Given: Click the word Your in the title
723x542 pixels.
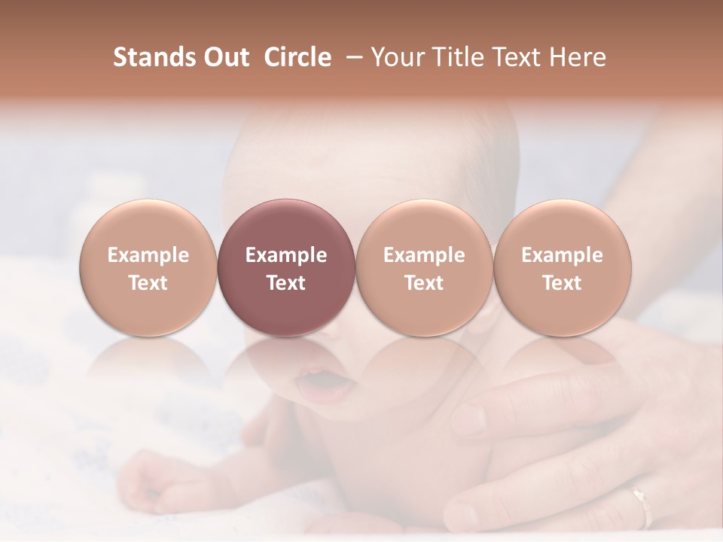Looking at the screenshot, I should (396, 57).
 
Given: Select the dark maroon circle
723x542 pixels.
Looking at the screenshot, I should (286, 267).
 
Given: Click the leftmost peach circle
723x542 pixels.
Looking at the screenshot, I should (148, 267).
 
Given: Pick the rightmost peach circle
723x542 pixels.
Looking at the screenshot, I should (563, 267).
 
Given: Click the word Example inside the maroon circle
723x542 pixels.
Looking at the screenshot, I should (286, 255).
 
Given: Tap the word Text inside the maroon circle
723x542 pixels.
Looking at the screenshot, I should (286, 283).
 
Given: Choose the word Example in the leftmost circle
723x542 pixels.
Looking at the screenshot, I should (148, 255).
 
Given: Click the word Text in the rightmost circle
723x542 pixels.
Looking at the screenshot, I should (563, 283).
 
